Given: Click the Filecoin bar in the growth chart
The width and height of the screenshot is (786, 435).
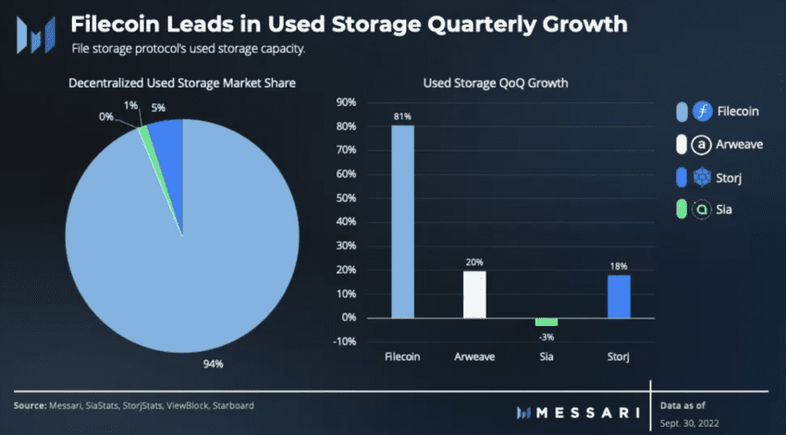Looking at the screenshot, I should (402, 222).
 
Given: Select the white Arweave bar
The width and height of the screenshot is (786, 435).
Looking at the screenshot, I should (474, 294).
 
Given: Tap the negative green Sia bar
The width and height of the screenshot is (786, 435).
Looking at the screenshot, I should (547, 321).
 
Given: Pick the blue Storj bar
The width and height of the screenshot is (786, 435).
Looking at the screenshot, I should (619, 296).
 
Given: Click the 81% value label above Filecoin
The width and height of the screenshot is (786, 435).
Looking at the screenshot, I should (402, 115).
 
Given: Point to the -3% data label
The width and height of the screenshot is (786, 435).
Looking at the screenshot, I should (547, 336).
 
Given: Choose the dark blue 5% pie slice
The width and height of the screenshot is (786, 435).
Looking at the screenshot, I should (167, 135).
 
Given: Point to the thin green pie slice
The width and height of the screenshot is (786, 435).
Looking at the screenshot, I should (144, 135).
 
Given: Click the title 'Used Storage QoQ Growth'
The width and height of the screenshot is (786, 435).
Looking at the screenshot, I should (495, 83).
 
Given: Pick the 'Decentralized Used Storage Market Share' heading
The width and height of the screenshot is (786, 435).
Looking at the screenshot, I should (182, 84).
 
